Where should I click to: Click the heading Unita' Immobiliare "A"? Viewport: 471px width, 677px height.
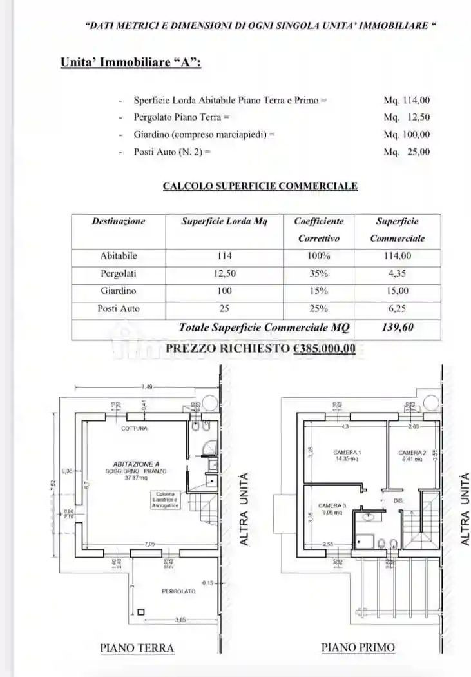130,63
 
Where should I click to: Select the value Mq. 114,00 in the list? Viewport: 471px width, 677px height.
407,101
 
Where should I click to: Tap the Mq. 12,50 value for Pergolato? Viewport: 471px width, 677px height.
407,117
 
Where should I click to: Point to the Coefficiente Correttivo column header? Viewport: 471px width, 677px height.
318,230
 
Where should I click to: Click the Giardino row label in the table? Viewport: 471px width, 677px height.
119,291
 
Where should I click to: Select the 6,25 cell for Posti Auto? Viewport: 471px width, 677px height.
397,308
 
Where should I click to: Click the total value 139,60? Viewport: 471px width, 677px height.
397,328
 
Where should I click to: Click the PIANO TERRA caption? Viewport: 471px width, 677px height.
137,647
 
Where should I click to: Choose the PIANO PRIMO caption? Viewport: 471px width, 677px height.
358,647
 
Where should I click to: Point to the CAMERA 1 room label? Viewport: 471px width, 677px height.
347,452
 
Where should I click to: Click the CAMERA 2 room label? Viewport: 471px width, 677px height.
412,453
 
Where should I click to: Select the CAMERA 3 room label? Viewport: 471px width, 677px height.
332,506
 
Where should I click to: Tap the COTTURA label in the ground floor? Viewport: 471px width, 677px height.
134,428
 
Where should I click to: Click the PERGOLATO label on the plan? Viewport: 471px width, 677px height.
178,591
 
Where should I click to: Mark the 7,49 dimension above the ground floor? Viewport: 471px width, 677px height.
147,386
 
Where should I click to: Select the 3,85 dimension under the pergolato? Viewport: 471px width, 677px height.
181,620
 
